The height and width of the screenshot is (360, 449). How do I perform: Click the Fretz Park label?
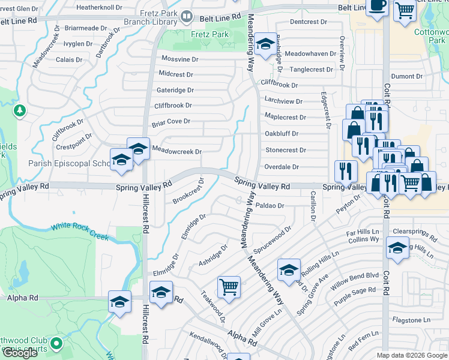(210, 35)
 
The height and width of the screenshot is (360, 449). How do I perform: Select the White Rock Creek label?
(79, 231)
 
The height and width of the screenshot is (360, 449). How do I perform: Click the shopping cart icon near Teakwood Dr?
(229, 287)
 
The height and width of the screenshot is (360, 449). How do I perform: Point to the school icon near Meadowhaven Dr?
(264, 44)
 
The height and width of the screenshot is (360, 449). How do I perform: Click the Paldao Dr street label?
(270, 206)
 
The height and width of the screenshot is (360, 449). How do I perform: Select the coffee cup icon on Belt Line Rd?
(376, 5)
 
